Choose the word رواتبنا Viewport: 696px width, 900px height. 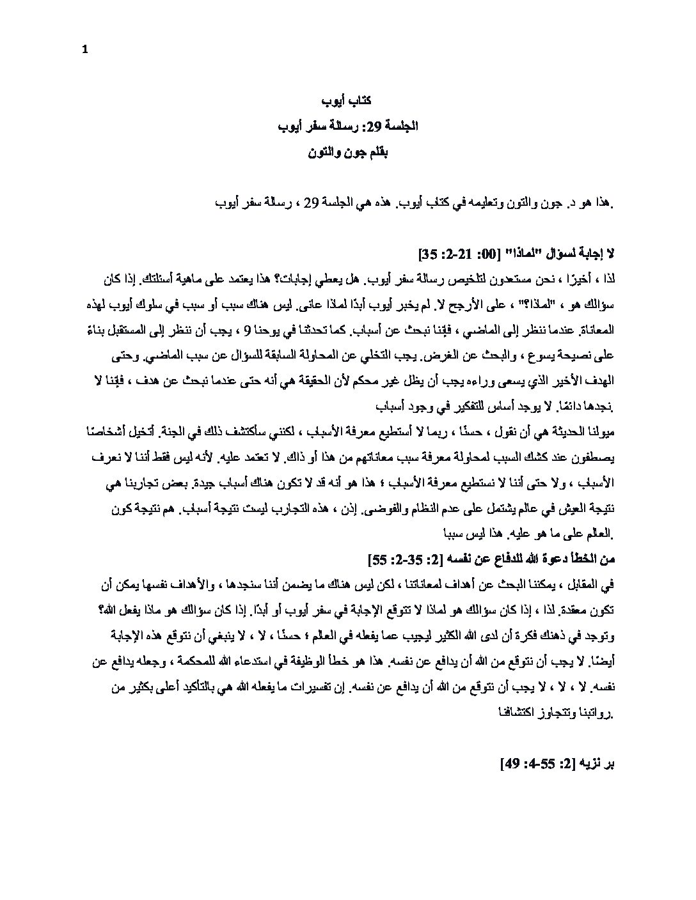coord(589,711)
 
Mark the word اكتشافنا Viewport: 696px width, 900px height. coord(523,711)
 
